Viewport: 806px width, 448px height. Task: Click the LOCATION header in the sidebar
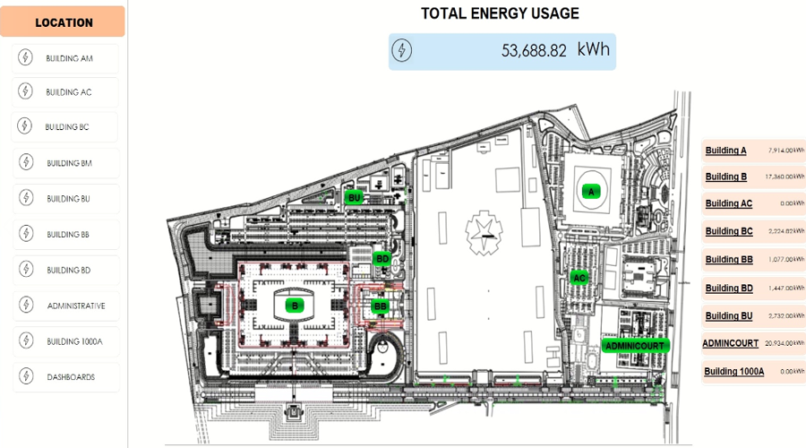tap(64, 22)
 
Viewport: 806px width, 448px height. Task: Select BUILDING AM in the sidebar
tap(69, 58)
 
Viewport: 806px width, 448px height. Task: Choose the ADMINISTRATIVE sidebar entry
tap(75, 306)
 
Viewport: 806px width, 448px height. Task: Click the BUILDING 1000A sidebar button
tap(74, 341)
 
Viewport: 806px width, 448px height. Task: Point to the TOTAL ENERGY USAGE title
tap(500, 13)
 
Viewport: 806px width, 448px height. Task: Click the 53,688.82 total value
tap(534, 51)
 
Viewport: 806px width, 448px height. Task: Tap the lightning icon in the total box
tap(404, 50)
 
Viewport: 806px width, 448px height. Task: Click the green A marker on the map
tap(590, 191)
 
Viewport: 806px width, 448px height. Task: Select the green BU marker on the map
tap(355, 197)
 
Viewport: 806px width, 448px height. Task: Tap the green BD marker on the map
tap(382, 259)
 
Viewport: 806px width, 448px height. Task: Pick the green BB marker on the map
tap(380, 306)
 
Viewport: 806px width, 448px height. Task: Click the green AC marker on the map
tap(579, 278)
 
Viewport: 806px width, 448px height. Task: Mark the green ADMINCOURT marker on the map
tap(634, 345)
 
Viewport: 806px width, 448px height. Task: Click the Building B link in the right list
tap(725, 177)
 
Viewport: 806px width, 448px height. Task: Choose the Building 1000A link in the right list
tap(733, 371)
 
